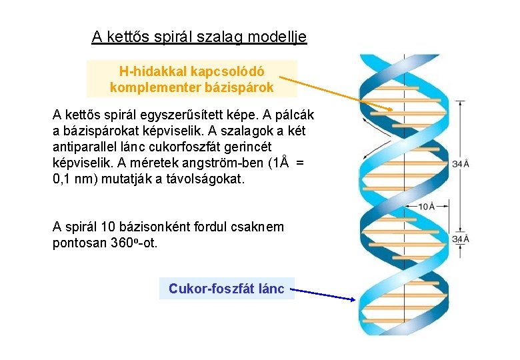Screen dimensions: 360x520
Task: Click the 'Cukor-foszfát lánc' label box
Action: pyautogui.click(x=227, y=289)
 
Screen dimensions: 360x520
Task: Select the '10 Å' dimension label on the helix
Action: pyautogui.click(x=427, y=206)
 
